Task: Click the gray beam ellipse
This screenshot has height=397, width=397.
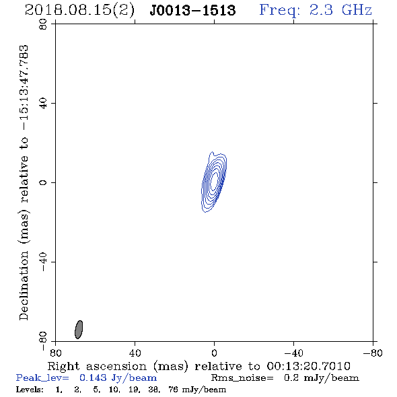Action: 79,330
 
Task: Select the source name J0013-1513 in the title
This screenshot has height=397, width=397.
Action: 192,10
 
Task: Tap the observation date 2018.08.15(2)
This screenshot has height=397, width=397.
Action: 79,10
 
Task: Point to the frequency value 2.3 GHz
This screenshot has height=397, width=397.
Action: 340,10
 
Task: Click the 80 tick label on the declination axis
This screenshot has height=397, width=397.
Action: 43,24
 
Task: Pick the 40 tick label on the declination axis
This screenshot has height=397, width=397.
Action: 43,104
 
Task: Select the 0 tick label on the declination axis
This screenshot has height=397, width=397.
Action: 43,182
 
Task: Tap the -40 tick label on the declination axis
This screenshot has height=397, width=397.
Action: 43,262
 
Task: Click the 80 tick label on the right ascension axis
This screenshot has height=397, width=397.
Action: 55,353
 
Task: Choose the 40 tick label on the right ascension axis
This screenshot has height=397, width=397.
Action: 135,353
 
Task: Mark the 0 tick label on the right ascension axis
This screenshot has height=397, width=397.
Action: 214,353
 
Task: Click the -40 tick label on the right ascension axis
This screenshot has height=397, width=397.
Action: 293,353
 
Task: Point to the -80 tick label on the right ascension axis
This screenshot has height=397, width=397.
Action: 373,353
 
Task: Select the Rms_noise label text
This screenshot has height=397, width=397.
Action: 242,378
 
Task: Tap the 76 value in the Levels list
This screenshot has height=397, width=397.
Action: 173,389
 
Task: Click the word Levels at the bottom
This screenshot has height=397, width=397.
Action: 30,389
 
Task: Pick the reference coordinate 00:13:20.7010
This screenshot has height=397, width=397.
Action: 309,366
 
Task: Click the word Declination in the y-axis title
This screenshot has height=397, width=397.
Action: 24,285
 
